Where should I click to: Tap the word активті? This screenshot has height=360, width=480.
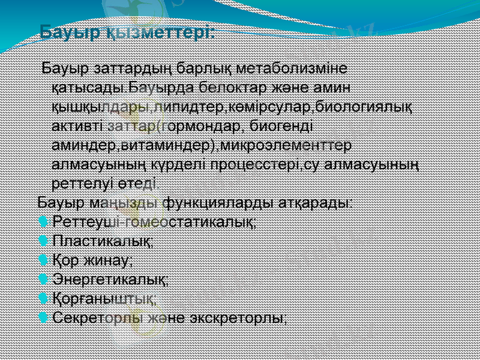(x=77, y=127)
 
